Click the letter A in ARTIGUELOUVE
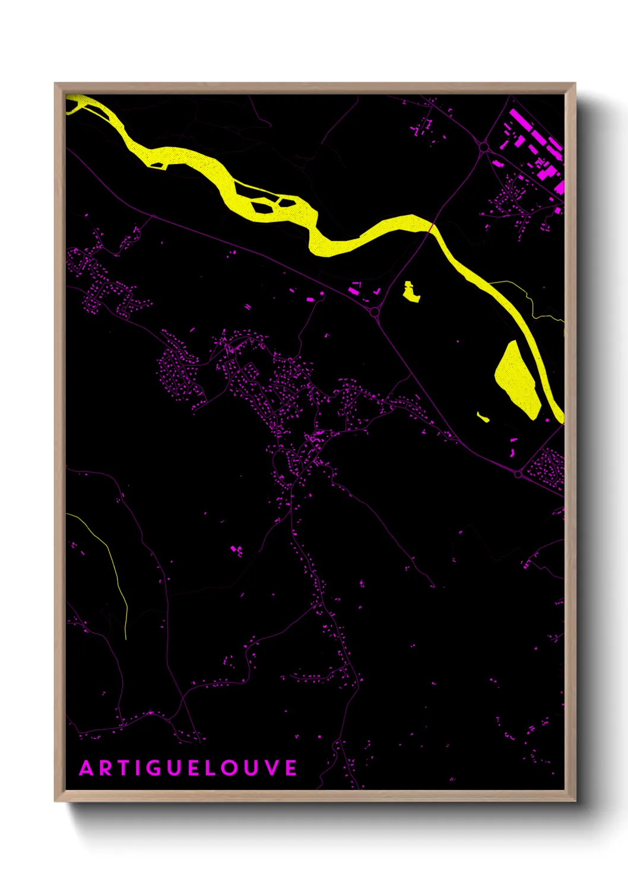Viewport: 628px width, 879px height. (x=86, y=769)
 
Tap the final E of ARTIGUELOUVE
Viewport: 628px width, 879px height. (x=291, y=769)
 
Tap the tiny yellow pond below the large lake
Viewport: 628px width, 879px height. (x=483, y=417)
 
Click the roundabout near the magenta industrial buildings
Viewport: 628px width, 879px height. (x=484, y=147)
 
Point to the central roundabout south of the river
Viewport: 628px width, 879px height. (x=374, y=311)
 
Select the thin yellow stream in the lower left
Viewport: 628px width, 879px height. (x=113, y=564)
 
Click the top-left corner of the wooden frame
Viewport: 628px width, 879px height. (x=55, y=84)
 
